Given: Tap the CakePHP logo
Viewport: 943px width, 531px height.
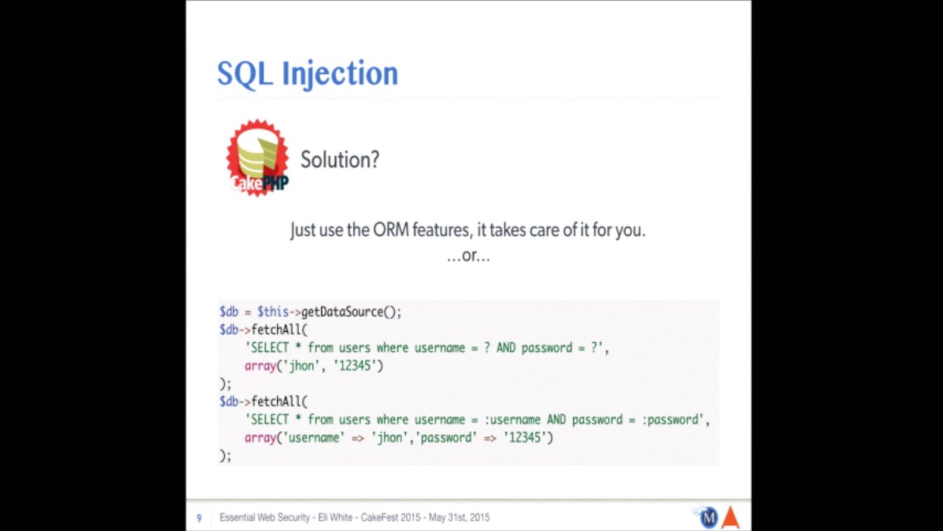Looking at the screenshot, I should tap(257, 158).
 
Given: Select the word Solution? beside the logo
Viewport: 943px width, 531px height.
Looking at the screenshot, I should tap(340, 159).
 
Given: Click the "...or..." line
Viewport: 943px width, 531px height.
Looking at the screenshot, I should tap(468, 256).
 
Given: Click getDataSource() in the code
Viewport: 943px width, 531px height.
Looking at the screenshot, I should tap(351, 312).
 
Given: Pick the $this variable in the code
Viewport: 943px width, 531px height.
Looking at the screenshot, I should tap(273, 312).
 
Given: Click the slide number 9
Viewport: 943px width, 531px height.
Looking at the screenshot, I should tap(199, 518).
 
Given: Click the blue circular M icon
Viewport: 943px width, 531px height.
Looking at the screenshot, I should tap(708, 518).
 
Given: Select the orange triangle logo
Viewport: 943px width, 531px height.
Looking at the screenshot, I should tap(730, 518).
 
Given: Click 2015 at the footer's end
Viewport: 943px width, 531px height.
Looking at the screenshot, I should tap(478, 518).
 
